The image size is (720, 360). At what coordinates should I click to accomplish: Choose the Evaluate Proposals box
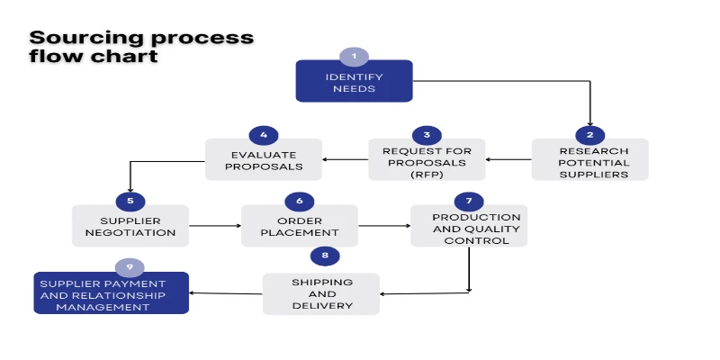[x=263, y=160]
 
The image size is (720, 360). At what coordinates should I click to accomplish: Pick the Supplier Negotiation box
[x=130, y=225]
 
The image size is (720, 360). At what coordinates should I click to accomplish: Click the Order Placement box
[x=299, y=225]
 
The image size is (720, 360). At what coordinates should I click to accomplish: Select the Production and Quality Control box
[x=469, y=227]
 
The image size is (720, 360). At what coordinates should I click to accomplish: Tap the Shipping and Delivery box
[x=321, y=293]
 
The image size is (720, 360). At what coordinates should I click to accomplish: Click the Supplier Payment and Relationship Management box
[x=112, y=294]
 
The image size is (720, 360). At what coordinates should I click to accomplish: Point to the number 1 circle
[x=354, y=57]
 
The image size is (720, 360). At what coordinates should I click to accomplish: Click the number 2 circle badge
[x=589, y=135]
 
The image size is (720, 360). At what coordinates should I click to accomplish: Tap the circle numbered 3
[x=427, y=135]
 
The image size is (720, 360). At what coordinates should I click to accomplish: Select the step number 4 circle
[x=263, y=135]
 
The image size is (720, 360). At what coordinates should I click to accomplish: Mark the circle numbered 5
[x=130, y=200]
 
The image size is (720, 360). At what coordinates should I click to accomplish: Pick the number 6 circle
[x=299, y=200]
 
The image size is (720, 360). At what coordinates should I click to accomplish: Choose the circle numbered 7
[x=469, y=200]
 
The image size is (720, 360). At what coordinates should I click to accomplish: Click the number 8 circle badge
[x=325, y=256]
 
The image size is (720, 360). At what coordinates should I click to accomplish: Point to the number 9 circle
[x=130, y=267]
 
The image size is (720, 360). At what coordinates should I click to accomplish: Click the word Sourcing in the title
[x=76, y=38]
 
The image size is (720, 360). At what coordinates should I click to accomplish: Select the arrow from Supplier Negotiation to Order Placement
[x=215, y=226]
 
